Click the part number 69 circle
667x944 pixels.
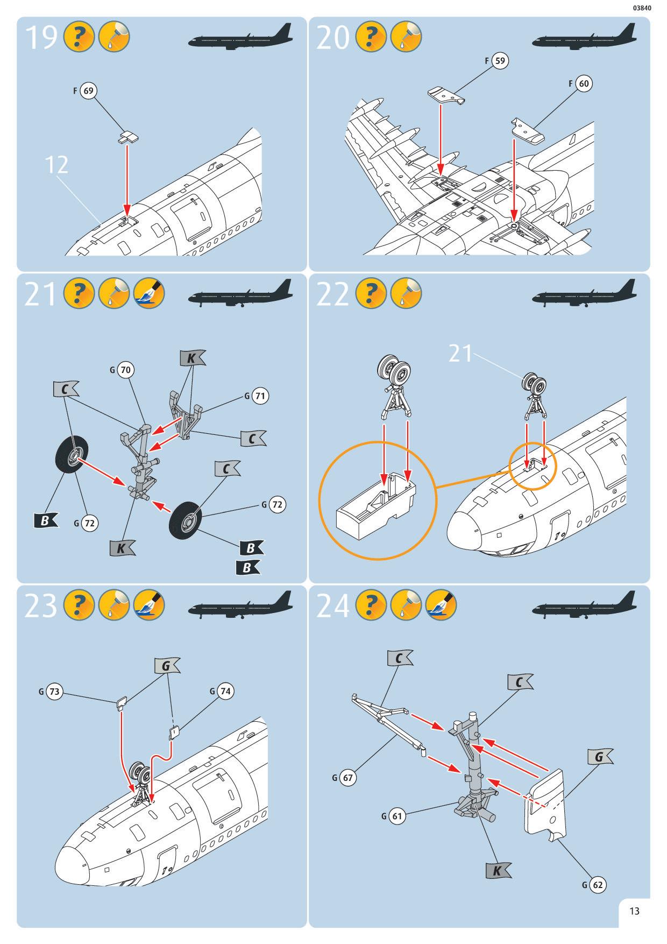(x=88, y=91)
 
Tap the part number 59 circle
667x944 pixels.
(x=500, y=60)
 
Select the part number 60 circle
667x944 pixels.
(x=583, y=83)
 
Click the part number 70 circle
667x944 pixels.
(x=125, y=370)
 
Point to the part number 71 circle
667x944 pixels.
(x=260, y=396)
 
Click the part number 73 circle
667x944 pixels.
(x=54, y=692)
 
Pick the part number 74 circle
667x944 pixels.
(x=225, y=691)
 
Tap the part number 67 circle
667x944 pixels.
(x=347, y=778)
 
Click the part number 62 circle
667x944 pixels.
(x=598, y=885)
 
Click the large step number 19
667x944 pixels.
(x=41, y=38)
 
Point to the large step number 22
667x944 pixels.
(x=332, y=294)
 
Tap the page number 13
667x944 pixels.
(x=634, y=911)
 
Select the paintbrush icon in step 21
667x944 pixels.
(x=148, y=293)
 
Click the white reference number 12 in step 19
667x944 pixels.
(x=56, y=165)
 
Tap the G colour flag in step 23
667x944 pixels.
(x=167, y=666)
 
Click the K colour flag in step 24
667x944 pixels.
(x=498, y=870)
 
